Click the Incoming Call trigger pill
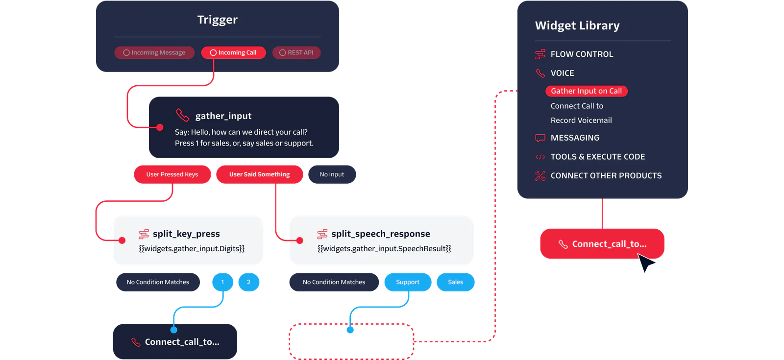point(233,52)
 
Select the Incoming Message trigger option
point(154,52)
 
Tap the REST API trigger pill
point(296,52)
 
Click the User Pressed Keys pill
point(172,174)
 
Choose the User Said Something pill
point(259,174)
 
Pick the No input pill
point(332,174)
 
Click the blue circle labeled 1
point(222,282)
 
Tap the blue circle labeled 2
point(248,282)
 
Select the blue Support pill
point(408,282)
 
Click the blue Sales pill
point(455,282)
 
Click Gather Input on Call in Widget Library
point(586,91)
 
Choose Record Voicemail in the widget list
point(581,120)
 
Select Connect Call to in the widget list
point(577,106)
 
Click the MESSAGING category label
point(575,138)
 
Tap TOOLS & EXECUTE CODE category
point(597,157)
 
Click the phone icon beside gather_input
point(182,115)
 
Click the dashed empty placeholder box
point(351,341)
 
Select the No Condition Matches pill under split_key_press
point(158,282)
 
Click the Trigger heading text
point(217,20)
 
